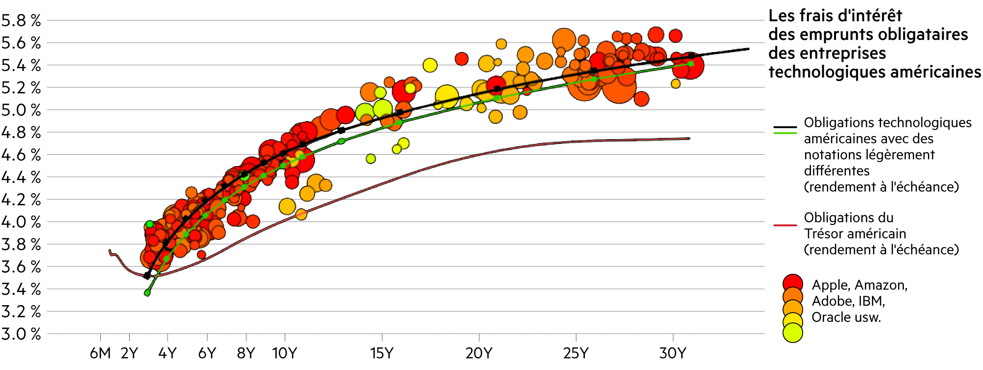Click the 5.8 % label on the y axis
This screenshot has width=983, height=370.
(x=21, y=21)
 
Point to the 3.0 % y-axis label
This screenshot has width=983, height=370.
(x=21, y=334)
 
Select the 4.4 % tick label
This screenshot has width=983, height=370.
(x=21, y=177)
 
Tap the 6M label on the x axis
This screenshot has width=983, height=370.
(x=100, y=353)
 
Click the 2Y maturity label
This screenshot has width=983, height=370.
(x=129, y=353)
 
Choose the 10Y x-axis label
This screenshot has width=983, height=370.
(x=285, y=353)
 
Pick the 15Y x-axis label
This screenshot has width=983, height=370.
(x=382, y=353)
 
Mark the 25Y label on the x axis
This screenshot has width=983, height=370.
(x=576, y=353)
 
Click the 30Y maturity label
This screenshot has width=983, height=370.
(x=672, y=353)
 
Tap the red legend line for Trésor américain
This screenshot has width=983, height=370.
(x=785, y=226)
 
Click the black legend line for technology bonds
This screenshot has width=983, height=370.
(x=785, y=127)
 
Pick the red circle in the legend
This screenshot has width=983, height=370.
(x=793, y=284)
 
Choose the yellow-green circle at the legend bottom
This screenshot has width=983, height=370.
(x=793, y=333)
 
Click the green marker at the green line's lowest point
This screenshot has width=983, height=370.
(x=147, y=293)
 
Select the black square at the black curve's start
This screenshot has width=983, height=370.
(x=146, y=276)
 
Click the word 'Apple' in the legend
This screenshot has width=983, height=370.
(x=830, y=285)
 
